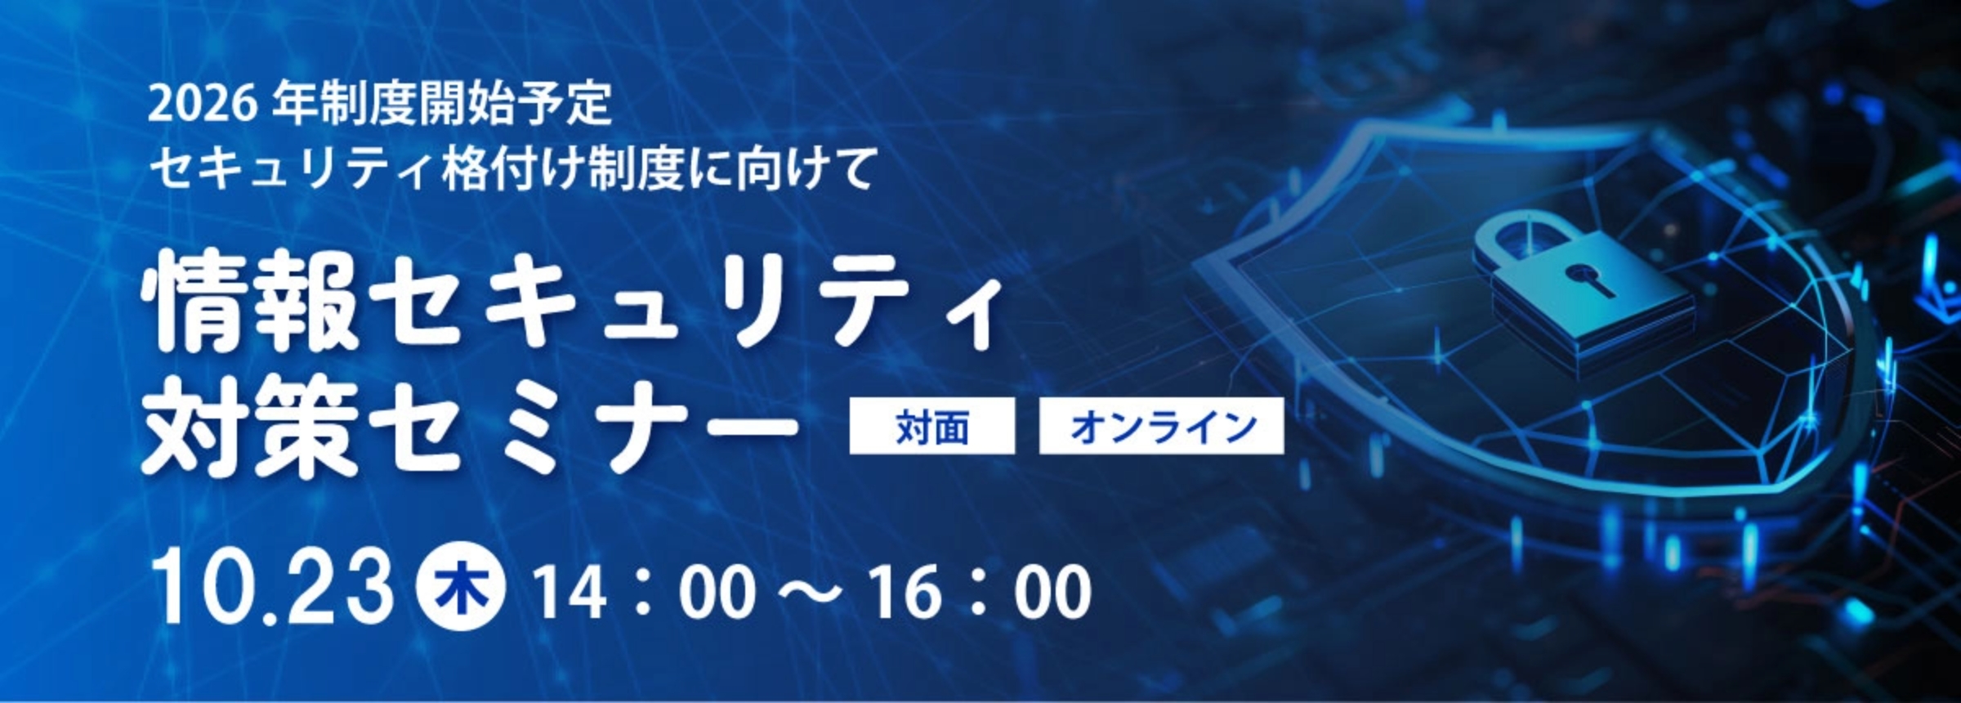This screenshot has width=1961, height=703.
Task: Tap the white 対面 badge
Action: click(931, 426)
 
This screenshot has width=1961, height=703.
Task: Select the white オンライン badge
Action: click(1161, 426)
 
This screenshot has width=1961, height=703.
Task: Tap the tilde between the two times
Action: click(811, 593)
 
